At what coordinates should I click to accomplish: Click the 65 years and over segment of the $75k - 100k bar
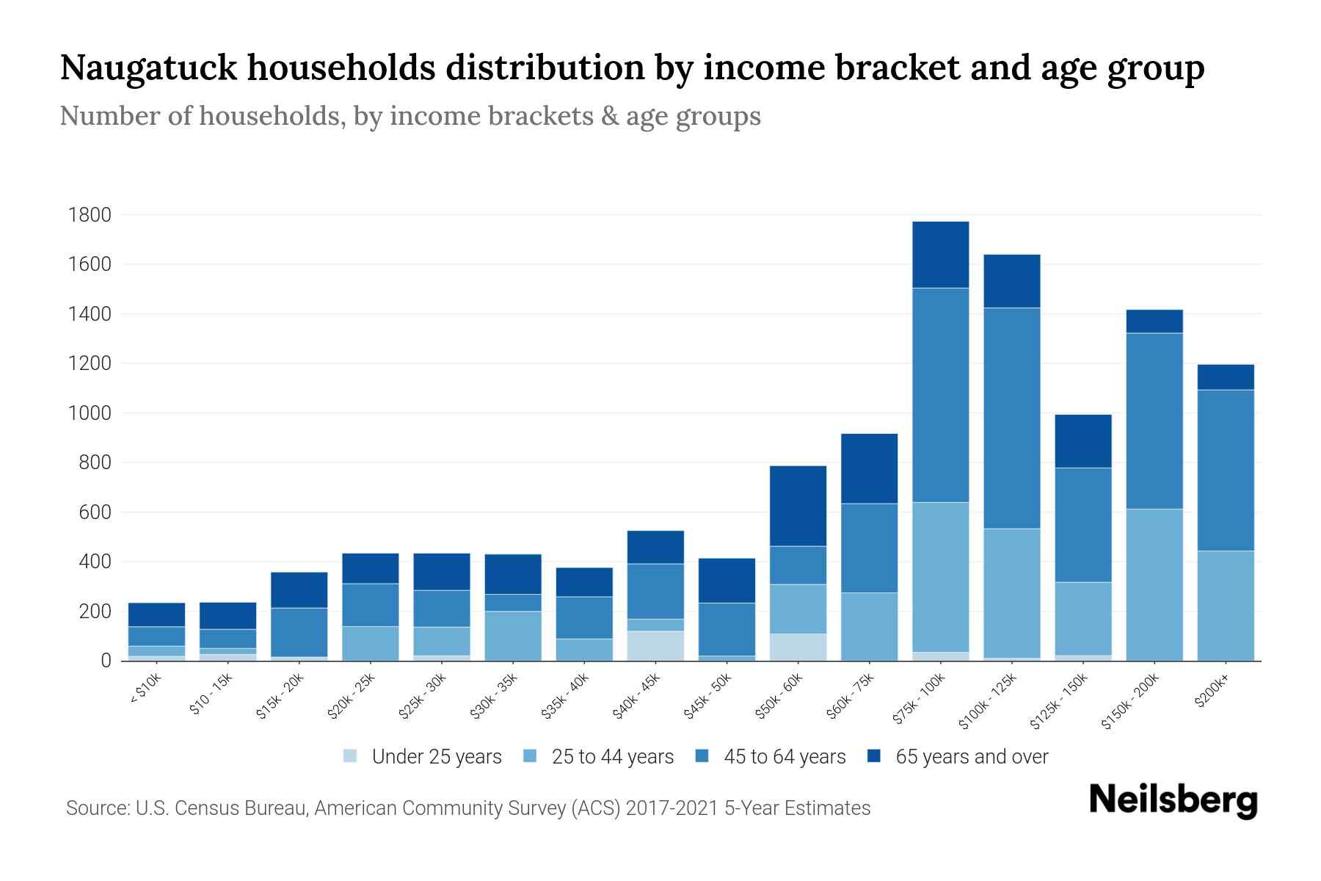pyautogui.click(x=940, y=255)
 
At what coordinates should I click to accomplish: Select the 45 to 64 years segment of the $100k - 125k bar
pyautogui.click(x=1011, y=418)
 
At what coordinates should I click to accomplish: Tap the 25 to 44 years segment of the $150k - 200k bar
pyautogui.click(x=1154, y=584)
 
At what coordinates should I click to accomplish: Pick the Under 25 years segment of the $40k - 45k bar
pyautogui.click(x=655, y=645)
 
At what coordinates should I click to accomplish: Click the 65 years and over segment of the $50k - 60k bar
pyautogui.click(x=798, y=506)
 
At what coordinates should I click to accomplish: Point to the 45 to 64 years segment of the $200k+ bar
pyautogui.click(x=1226, y=470)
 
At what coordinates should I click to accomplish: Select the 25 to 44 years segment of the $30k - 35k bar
pyautogui.click(x=513, y=636)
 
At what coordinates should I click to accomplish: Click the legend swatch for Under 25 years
pyautogui.click(x=351, y=756)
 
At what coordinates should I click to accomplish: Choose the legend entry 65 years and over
pyautogui.click(x=972, y=757)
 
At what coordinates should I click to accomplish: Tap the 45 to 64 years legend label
pyautogui.click(x=785, y=757)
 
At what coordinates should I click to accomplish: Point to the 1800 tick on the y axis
pyautogui.click(x=90, y=215)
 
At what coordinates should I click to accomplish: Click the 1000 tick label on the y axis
pyautogui.click(x=90, y=413)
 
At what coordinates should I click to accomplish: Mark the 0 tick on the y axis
pyautogui.click(x=106, y=661)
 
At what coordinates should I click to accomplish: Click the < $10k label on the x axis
pyautogui.click(x=145, y=689)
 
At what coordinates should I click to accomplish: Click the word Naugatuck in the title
pyautogui.click(x=148, y=68)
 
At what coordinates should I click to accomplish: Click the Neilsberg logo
pyautogui.click(x=1173, y=801)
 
